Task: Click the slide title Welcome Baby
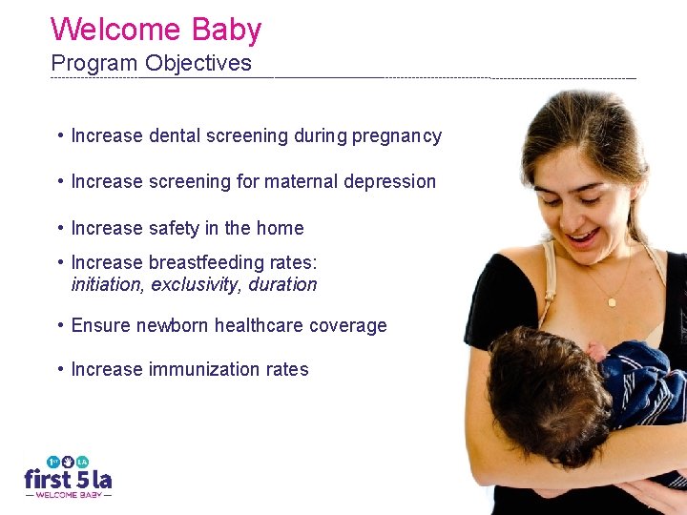(x=156, y=29)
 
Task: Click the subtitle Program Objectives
(x=151, y=64)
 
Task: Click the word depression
(x=392, y=182)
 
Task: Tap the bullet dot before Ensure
(x=60, y=325)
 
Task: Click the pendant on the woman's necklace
(x=612, y=301)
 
